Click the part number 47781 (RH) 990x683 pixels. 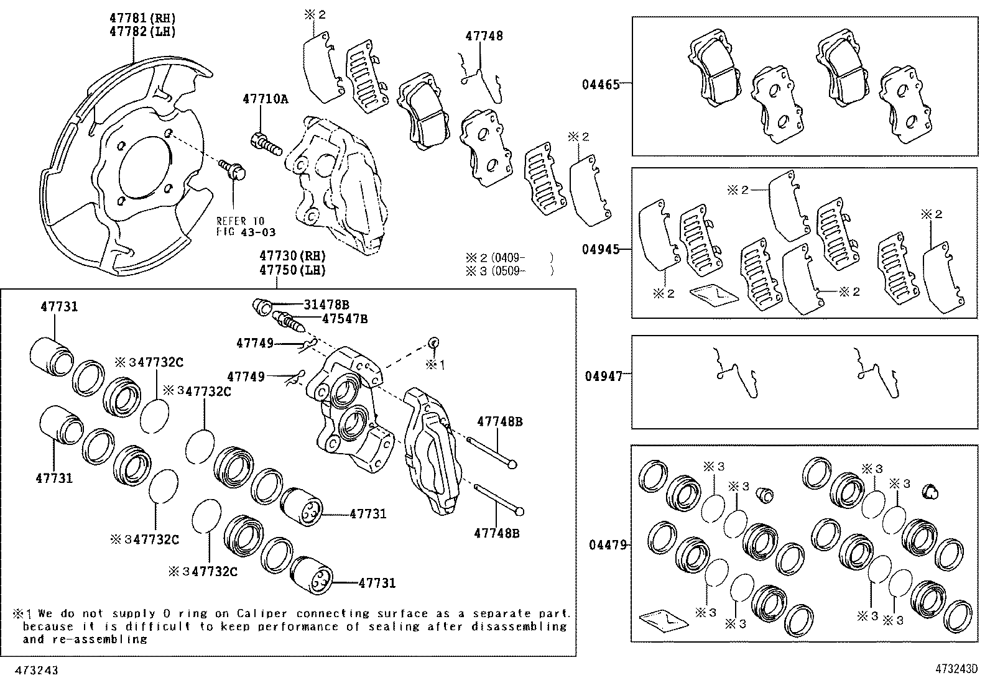click(x=142, y=18)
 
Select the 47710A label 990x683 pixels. click(x=265, y=99)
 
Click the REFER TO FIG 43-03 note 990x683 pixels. click(x=246, y=226)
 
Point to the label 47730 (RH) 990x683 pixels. click(x=292, y=256)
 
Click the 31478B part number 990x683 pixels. click(x=326, y=305)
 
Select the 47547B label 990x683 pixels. click(x=345, y=319)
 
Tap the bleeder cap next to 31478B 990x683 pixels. click(x=262, y=306)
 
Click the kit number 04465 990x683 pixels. click(x=601, y=85)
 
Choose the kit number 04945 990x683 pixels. click(x=601, y=250)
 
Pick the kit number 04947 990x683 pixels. click(x=604, y=377)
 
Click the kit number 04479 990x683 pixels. click(x=608, y=545)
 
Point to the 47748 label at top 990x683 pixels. click(x=484, y=36)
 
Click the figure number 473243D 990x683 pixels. click(x=956, y=669)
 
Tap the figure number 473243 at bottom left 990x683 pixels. click(x=37, y=670)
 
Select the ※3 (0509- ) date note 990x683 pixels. click(x=509, y=271)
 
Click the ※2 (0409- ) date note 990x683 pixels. click(x=509, y=257)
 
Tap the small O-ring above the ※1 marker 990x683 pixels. click(x=433, y=342)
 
